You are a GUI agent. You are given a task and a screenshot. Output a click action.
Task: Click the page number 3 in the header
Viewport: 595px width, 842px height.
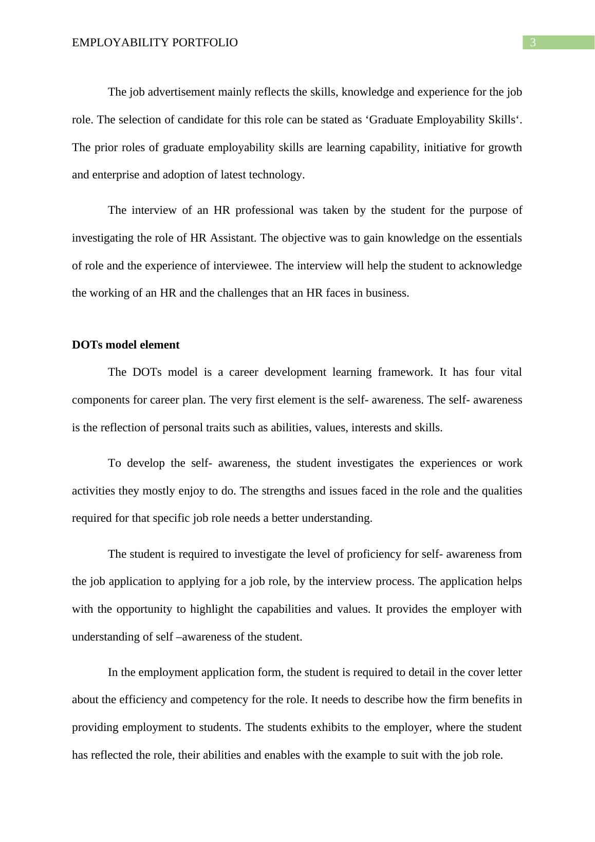pos(532,43)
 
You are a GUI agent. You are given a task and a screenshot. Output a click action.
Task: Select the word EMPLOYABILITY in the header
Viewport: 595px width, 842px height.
pos(120,43)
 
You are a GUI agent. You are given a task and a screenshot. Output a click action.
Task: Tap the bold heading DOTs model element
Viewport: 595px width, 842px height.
pos(125,345)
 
